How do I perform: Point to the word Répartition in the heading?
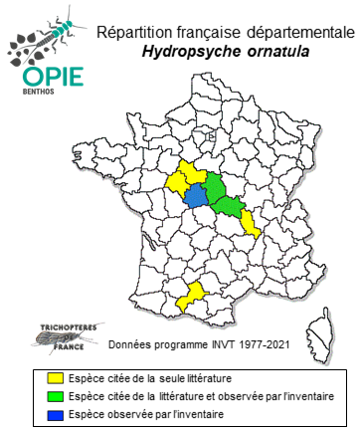[x=138, y=31]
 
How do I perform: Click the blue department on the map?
[x=196, y=194]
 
